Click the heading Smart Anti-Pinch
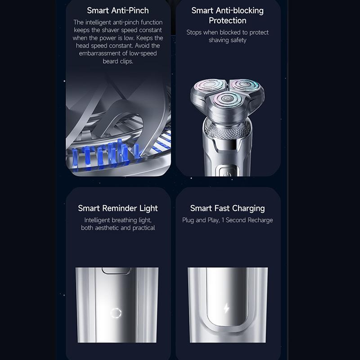[x=118, y=10]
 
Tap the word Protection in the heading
[x=228, y=21]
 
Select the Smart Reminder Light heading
[x=118, y=208]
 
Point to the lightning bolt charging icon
[x=227, y=308]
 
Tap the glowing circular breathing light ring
[x=116, y=313]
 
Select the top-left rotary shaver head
[x=209, y=85]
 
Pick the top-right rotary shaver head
[x=245, y=85]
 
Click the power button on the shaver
[x=227, y=172]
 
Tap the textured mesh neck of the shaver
[x=227, y=129]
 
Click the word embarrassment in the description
[x=100, y=54]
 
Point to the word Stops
[x=194, y=32]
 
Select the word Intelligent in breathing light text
[x=97, y=220]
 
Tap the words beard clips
[x=118, y=61]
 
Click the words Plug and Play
[x=200, y=220]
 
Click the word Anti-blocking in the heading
[x=239, y=10]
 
